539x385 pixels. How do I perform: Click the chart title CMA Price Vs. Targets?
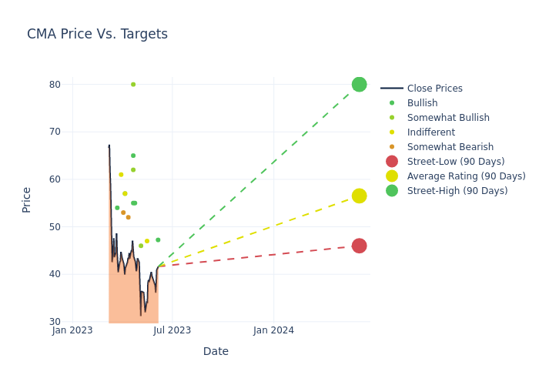(x=97, y=35)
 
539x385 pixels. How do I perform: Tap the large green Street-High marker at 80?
(x=359, y=85)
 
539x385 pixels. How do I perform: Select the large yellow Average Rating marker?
(x=359, y=196)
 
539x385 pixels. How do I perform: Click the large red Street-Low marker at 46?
(x=359, y=246)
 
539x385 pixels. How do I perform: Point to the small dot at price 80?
(x=133, y=85)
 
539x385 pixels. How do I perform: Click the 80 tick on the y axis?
(x=54, y=85)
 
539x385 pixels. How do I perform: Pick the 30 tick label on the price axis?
(x=54, y=322)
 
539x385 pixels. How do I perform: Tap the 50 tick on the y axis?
(x=54, y=227)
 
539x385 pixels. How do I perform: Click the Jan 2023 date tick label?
(x=72, y=330)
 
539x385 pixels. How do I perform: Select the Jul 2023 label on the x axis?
(x=172, y=330)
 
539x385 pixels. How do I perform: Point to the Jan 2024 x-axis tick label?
(x=273, y=330)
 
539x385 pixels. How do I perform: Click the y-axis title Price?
(x=27, y=199)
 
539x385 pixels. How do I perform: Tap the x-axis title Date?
(x=216, y=352)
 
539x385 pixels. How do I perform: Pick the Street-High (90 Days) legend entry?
(x=457, y=191)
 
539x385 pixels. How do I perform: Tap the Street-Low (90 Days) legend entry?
(x=455, y=162)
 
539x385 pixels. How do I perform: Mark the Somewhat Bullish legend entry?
(x=448, y=118)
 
